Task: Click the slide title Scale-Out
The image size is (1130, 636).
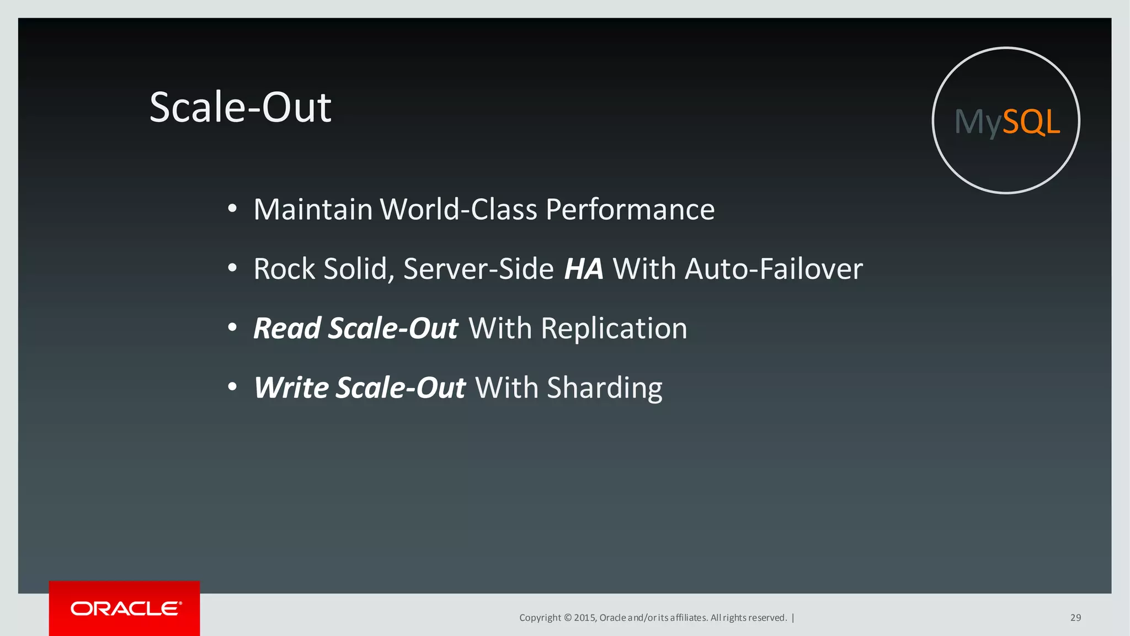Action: [241, 107]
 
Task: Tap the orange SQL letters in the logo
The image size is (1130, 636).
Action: [1031, 121]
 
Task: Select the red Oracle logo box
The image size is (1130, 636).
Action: [125, 608]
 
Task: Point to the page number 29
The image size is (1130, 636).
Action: [1075, 618]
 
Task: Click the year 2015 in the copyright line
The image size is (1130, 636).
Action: [584, 618]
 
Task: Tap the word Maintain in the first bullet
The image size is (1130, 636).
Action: [313, 210]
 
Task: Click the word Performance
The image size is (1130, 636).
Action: [630, 210]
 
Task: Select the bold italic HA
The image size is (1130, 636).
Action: [583, 269]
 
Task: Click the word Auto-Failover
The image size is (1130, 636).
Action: [774, 269]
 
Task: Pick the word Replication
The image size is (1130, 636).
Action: [614, 328]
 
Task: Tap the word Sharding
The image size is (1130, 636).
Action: [604, 388]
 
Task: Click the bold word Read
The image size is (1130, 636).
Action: [287, 328]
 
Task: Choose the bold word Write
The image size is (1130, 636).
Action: [291, 388]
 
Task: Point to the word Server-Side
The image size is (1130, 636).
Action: [478, 269]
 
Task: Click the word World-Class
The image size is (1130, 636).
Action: [459, 210]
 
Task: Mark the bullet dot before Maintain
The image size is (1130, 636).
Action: [232, 209]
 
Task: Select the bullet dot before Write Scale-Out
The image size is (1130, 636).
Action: [232, 387]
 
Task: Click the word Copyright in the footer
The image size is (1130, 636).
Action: [540, 618]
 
